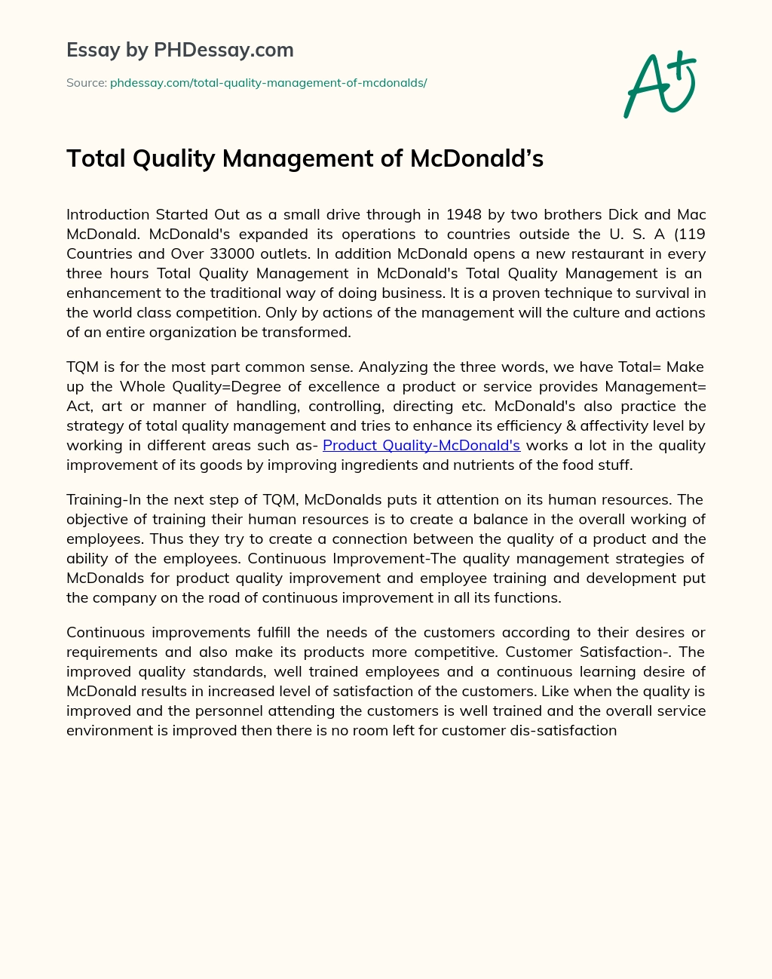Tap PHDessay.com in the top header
[x=223, y=51]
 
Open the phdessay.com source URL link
[x=268, y=83]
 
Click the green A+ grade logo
[x=660, y=84]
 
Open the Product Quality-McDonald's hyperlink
[x=421, y=445]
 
